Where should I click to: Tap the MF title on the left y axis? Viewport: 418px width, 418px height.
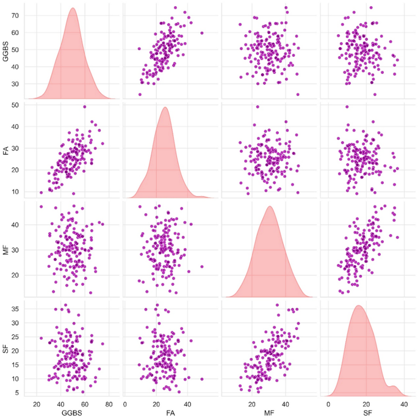tap(7, 249)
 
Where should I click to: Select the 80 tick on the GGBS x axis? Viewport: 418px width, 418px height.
tap(108, 403)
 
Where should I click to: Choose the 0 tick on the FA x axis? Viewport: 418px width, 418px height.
tap(126, 403)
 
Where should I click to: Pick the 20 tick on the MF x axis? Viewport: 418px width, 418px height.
tap(252, 403)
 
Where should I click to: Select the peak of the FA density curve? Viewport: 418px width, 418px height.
tap(164, 108)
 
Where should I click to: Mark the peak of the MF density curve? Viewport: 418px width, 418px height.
tap(269, 207)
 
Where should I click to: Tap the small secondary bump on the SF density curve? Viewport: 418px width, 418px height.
tap(393, 386)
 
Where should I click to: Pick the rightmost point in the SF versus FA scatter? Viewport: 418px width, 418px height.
tap(202, 379)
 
